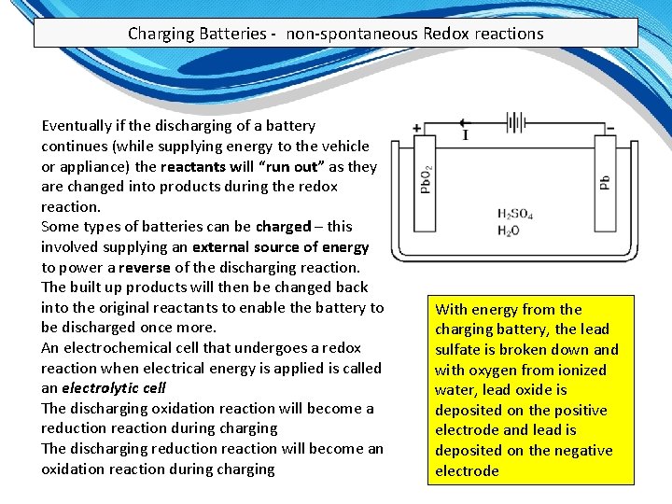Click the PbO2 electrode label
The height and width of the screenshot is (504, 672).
click(426, 177)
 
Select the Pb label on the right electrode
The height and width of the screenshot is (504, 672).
click(606, 182)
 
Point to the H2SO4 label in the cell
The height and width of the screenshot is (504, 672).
click(515, 215)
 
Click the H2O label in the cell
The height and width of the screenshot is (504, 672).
click(509, 231)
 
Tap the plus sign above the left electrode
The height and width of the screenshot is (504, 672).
click(416, 129)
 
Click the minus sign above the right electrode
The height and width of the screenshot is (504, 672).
click(610, 128)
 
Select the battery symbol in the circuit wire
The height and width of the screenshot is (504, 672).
click(515, 122)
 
